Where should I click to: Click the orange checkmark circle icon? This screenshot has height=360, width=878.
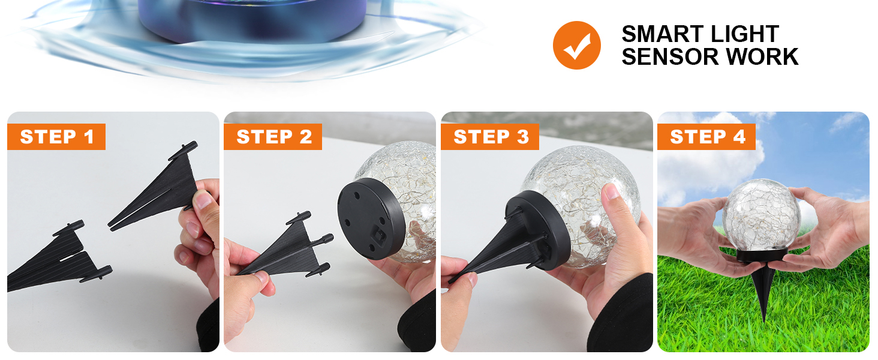click(x=576, y=45)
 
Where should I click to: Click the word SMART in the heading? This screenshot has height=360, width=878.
click(x=658, y=34)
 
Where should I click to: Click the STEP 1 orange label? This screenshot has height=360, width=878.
click(x=57, y=137)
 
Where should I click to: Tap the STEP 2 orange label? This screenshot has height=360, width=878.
click(x=273, y=137)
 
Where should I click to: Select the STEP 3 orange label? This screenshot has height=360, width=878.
click(x=491, y=137)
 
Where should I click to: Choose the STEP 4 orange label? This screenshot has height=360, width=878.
click(x=708, y=137)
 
